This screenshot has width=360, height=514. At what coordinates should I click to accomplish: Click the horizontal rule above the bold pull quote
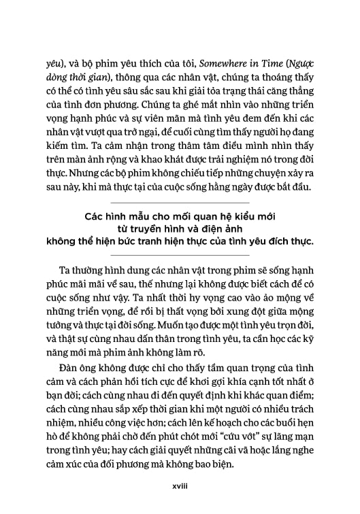[x=180, y=203]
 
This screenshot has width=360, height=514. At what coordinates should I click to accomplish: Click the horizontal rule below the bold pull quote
[x=180, y=254]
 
